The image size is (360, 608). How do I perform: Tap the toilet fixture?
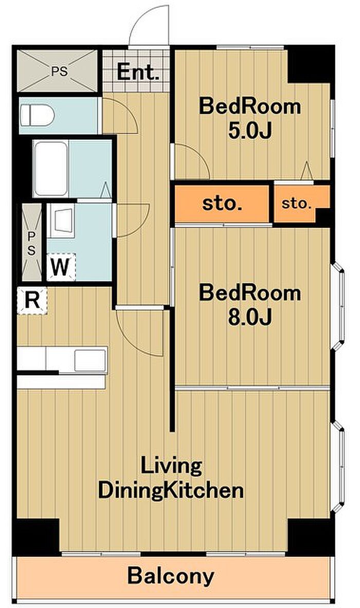pos(37,116)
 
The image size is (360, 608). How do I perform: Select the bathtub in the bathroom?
pos(51,169)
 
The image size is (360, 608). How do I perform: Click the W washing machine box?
pos(61,266)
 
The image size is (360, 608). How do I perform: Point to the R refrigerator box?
pos(32,300)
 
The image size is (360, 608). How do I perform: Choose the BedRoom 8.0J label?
pos(250,305)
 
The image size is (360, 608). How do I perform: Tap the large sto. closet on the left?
pos(222,204)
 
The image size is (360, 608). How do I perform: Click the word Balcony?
pos(171,576)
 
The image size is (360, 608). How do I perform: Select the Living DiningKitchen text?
pos(171,478)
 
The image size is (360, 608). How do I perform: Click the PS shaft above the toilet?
pos(58,71)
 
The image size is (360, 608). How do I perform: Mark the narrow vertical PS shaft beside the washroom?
pos(31,242)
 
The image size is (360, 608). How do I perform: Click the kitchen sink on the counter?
pos(91,360)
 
